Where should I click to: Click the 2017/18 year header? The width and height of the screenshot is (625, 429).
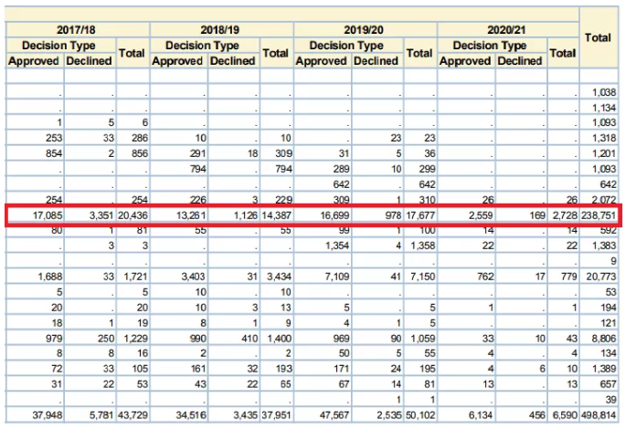click(76, 30)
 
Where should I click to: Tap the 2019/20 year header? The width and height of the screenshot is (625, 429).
click(365, 30)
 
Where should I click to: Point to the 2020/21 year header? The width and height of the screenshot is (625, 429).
click(508, 30)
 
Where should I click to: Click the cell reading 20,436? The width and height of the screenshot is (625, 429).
click(132, 216)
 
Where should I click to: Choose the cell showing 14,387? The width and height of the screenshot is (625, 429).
click(275, 216)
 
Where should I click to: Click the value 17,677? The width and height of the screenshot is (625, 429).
click(418, 216)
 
